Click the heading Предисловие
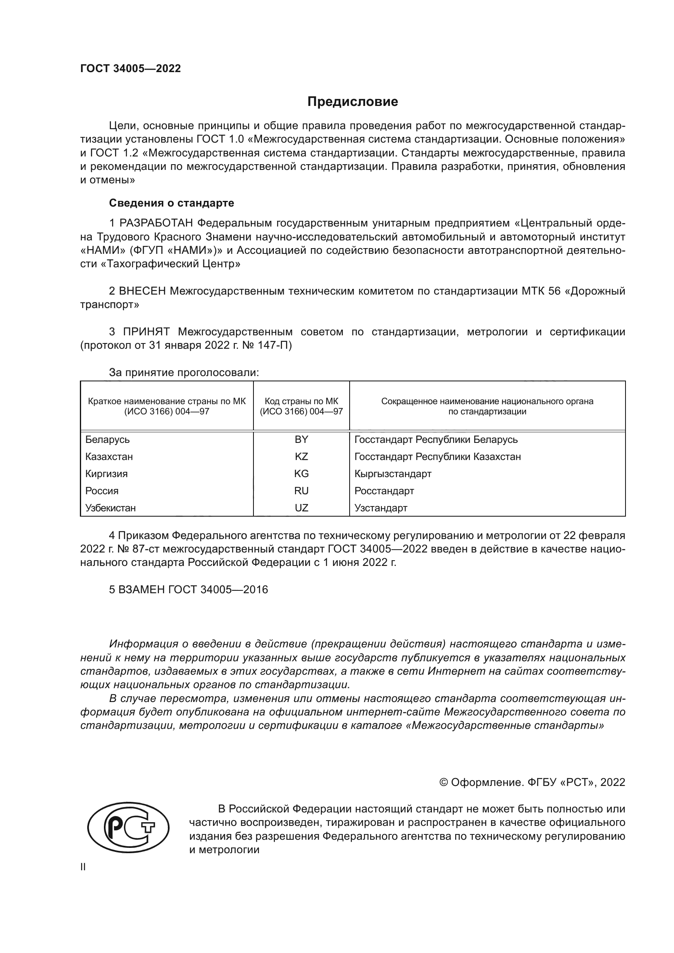click(x=352, y=102)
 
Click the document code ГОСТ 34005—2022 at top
click(x=130, y=68)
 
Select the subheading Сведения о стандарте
click(x=172, y=203)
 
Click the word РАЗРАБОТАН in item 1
click(x=156, y=223)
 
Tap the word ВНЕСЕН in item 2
click(x=142, y=291)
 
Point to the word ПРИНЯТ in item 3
click(x=146, y=332)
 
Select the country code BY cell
click(x=301, y=440)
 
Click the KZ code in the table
click(x=301, y=457)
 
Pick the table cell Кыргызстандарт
click(x=392, y=473)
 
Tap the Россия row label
click(x=102, y=491)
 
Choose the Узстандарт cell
click(x=381, y=508)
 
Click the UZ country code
click(x=301, y=508)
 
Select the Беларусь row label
click(x=108, y=440)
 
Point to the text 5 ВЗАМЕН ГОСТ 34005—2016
click(x=188, y=590)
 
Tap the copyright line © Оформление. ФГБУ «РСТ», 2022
click(x=532, y=782)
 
